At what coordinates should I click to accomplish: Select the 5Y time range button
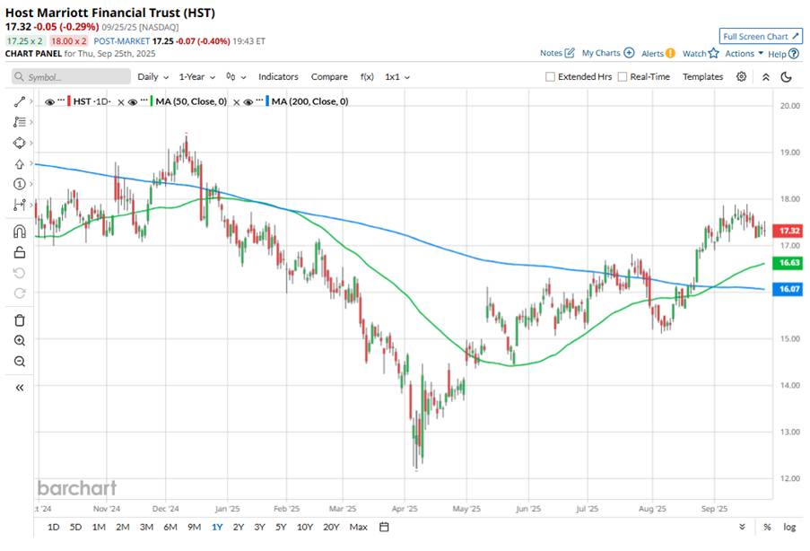click(281, 527)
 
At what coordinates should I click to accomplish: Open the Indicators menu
click(278, 77)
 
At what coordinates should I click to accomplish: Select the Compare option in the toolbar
click(329, 77)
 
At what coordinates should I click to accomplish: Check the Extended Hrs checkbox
click(551, 77)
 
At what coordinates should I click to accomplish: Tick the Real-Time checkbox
click(623, 77)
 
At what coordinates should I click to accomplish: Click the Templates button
click(702, 77)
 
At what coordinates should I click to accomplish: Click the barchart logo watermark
click(76, 488)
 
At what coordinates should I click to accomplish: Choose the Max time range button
click(359, 527)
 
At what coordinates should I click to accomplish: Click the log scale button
click(788, 527)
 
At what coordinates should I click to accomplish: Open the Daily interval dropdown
click(152, 77)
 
